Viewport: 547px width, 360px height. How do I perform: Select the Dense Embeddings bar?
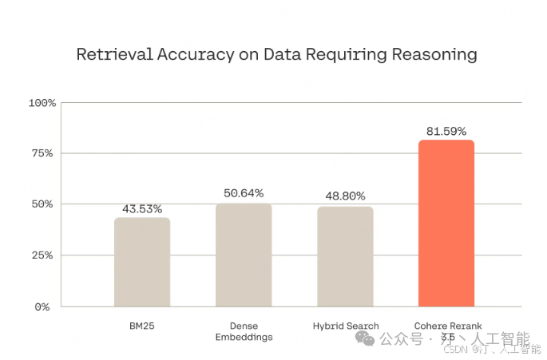coord(244,255)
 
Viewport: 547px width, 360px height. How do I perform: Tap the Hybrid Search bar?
coord(345,256)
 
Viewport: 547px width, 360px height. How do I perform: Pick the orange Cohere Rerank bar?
coord(446,224)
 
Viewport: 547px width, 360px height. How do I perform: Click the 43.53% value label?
coord(142,209)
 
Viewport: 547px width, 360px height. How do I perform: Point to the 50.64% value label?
coord(244,194)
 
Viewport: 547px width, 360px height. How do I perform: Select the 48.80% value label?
coord(345,196)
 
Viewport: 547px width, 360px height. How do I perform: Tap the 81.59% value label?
coord(446,130)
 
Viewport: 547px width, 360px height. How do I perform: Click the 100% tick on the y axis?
coord(42,103)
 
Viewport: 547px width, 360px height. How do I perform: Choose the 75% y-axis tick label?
coord(44,153)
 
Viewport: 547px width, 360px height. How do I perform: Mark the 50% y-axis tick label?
coord(44,204)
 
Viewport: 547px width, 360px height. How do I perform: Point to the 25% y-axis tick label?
coord(44,255)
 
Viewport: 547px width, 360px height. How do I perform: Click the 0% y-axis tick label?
coord(47,307)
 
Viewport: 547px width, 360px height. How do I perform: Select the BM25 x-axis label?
coord(142,326)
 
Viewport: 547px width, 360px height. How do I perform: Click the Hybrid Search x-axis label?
coord(345,326)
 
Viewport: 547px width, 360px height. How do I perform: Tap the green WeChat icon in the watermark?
coord(365,339)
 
